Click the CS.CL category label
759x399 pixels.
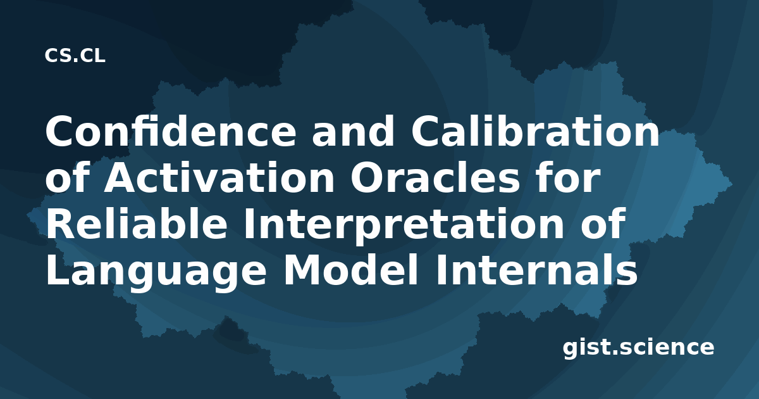75,56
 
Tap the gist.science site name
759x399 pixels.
638,348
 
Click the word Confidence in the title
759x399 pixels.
171,131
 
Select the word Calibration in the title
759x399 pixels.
535,131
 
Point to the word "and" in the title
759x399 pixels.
354,131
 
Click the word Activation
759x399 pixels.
219,177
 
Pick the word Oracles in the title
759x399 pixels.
435,177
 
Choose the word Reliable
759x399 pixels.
136,224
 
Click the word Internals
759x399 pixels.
537,270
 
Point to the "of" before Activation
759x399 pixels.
67,177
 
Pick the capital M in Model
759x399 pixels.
302,270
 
